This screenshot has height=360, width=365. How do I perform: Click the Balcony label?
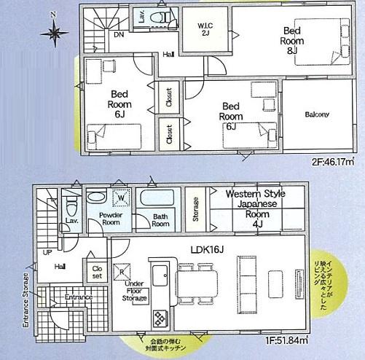click(x=316, y=114)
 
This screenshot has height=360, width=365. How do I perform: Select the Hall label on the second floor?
click(x=168, y=54)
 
